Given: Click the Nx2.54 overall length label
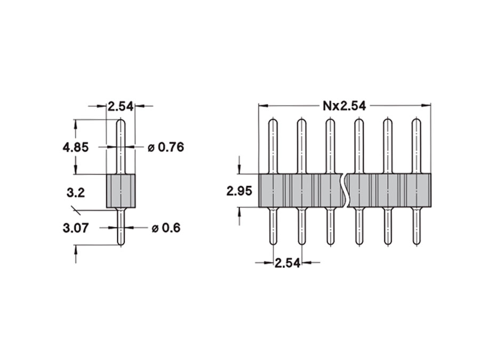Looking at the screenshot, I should tap(344, 106).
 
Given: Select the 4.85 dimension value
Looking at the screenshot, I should tap(75, 147).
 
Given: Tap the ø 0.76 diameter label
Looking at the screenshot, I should tap(166, 147).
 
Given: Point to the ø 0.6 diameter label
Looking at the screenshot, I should tap(166, 228).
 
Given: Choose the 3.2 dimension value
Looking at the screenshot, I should tap(76, 192).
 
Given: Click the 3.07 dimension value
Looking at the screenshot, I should tap(75, 228).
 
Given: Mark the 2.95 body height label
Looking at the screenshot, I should tap(238, 191).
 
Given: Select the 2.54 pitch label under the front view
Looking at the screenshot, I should tap(287, 262).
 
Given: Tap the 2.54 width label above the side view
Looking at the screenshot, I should tap(120, 106).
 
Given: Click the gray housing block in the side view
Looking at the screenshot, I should tap(121, 191).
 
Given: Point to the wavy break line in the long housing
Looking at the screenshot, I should tap(348, 191).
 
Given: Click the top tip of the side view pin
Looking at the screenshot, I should tap(121, 121).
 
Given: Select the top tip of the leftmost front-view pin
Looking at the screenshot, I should tap(273, 121).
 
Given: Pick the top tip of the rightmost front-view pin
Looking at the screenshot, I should tap(417, 121).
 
